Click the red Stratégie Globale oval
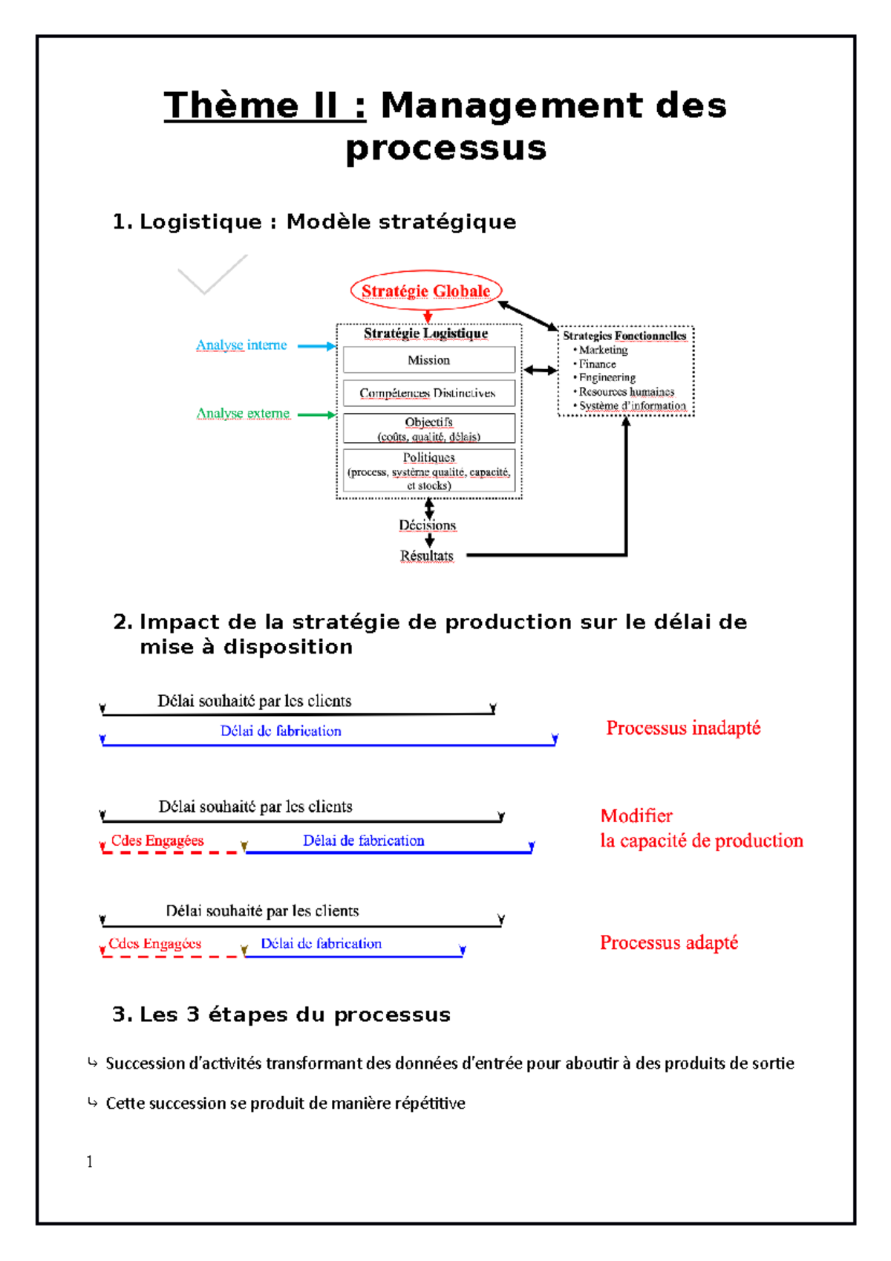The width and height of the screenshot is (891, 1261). tap(426, 291)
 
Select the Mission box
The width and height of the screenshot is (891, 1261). tap(428, 360)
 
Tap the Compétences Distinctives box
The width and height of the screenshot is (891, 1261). tap(428, 393)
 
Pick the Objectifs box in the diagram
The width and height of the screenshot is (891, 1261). tap(428, 429)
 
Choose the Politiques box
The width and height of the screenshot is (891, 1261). tap(428, 471)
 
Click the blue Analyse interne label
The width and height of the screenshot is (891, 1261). tap(241, 345)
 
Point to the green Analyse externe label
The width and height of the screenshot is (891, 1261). tap(243, 414)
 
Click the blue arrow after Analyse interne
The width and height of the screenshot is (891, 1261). tap(316, 346)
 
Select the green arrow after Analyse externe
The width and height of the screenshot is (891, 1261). tap(316, 415)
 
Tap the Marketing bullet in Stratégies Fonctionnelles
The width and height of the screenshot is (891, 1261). tap(602, 350)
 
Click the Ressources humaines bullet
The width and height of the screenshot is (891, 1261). tap(626, 391)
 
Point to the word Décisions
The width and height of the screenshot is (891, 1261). tap(428, 525)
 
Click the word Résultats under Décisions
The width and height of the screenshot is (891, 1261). tap(427, 555)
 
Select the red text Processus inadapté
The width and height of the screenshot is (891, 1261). tap(683, 728)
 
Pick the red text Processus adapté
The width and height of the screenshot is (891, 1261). tap(669, 942)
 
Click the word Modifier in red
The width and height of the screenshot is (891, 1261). tap(636, 816)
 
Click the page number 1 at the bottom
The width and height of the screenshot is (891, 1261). tap(90, 1161)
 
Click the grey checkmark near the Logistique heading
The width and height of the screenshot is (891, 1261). tap(212, 275)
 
